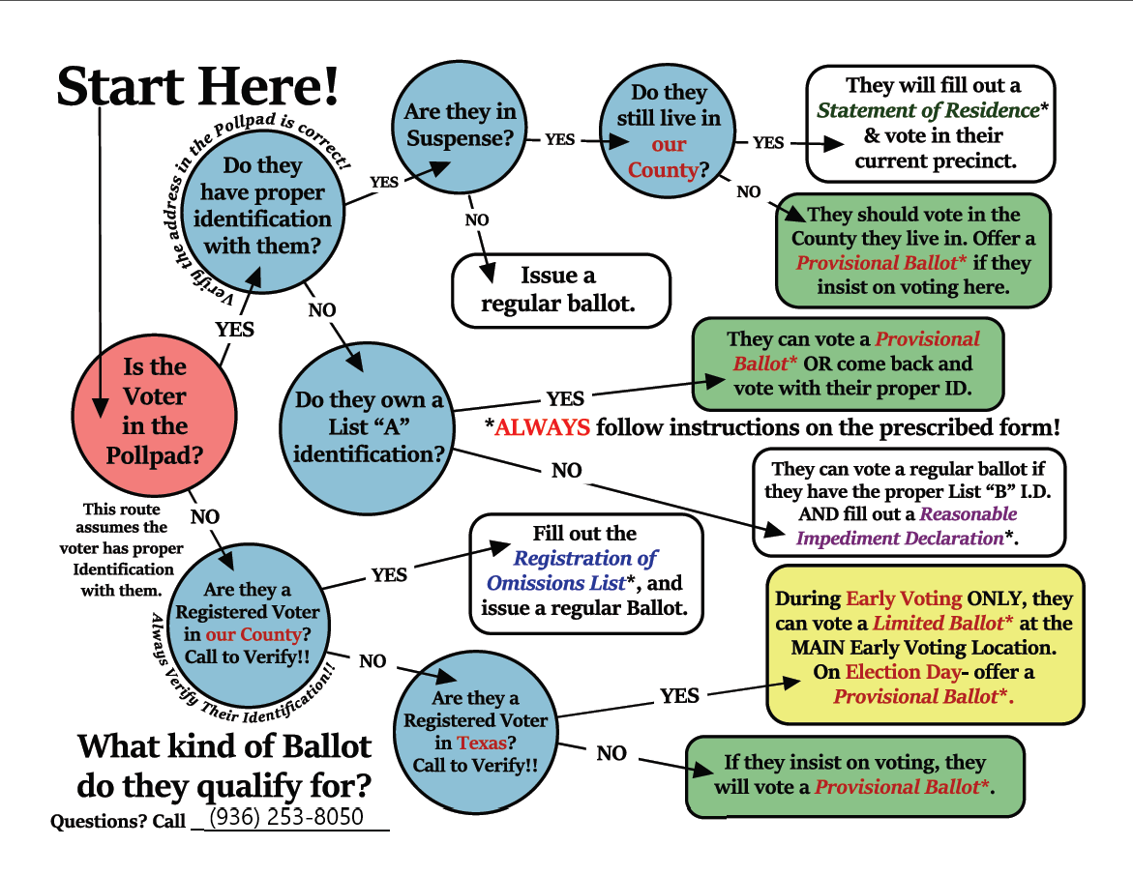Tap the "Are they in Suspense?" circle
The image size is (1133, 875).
(461, 125)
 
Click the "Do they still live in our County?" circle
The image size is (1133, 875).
(669, 131)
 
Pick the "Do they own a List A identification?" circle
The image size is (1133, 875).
(369, 425)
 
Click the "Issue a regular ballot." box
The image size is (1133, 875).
(561, 290)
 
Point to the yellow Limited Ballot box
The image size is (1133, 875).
(924, 647)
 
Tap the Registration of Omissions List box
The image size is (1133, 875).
(584, 572)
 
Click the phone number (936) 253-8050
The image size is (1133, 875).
(287, 817)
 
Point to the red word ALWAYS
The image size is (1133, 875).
(542, 426)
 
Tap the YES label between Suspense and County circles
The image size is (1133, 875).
(559, 140)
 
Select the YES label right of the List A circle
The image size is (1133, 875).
(565, 398)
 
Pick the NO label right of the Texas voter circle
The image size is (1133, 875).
(611, 753)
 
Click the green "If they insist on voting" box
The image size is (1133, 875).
(854, 775)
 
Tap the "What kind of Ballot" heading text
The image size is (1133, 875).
(224, 745)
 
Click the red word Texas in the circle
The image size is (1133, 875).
(481, 743)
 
